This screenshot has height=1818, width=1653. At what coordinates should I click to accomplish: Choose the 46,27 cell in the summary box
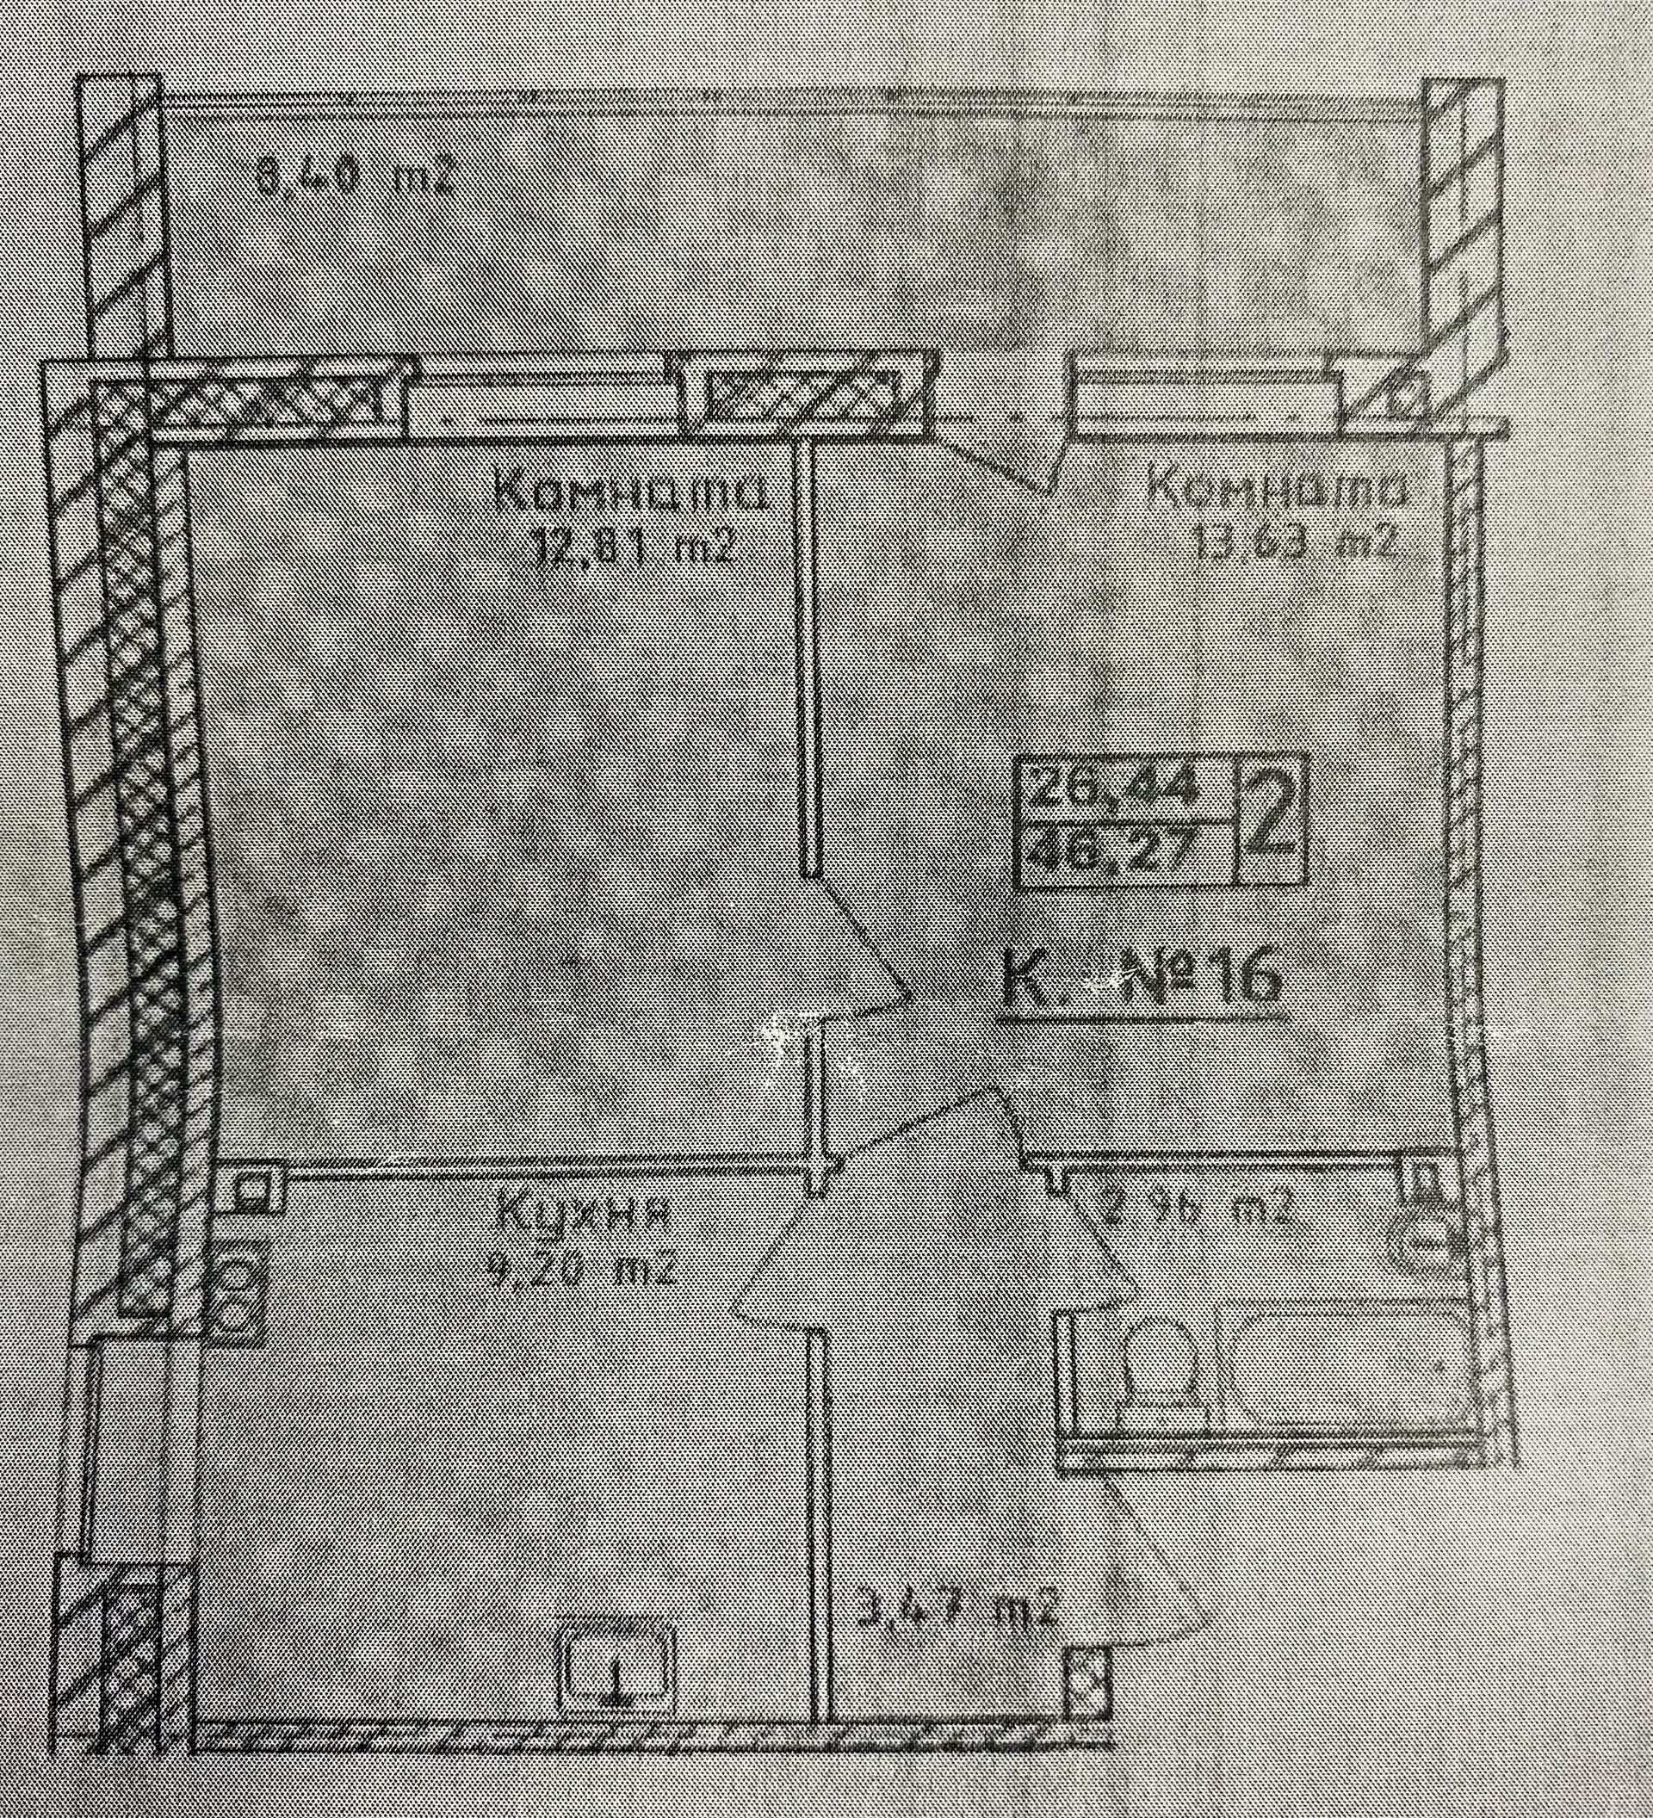coord(1123,851)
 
